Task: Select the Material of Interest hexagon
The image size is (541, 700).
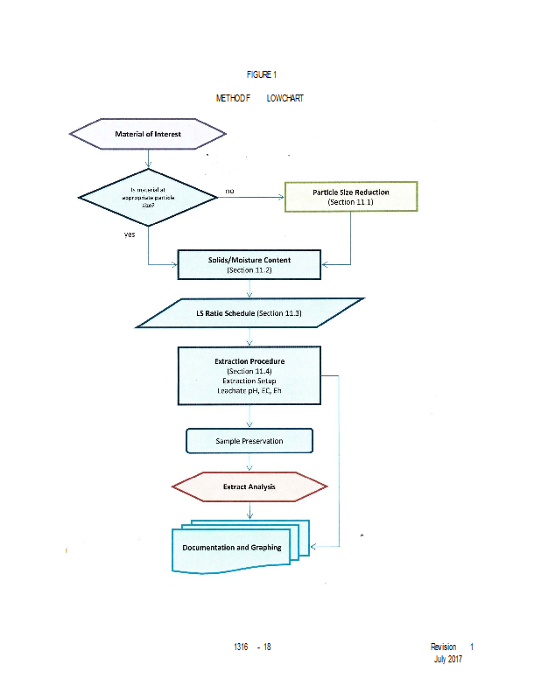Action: pos(147,134)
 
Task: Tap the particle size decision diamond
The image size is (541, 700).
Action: pos(147,199)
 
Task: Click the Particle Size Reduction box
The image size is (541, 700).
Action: pos(351,197)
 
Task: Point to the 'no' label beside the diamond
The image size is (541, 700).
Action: pos(229,190)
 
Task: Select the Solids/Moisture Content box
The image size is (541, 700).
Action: pos(250,265)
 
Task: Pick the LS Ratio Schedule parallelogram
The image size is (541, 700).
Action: pos(249,313)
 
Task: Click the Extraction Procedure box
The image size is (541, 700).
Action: pos(249,375)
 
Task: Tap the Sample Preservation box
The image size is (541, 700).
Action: pos(249,440)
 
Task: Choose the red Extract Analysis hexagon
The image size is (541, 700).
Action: pos(249,486)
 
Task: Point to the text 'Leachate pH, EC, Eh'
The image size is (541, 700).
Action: pos(249,391)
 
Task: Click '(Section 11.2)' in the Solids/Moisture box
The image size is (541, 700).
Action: pos(249,271)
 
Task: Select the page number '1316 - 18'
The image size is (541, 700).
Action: pos(253,647)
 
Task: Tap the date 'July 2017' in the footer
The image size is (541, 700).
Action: pos(447,659)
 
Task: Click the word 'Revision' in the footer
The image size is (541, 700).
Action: pos(443,647)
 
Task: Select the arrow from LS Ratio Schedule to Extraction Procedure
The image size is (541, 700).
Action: pos(250,338)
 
